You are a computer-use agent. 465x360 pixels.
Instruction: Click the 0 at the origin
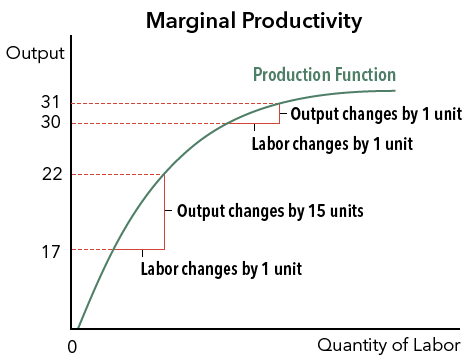tap(71, 345)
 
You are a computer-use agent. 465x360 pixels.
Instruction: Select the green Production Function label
tap(324, 75)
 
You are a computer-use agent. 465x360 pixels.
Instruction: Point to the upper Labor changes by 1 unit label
tap(332, 143)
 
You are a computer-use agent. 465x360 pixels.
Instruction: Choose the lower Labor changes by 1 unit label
tap(220, 268)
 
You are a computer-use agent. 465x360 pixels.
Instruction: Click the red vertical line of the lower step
tap(164, 212)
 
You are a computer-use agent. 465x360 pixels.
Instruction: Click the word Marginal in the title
tap(187, 20)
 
